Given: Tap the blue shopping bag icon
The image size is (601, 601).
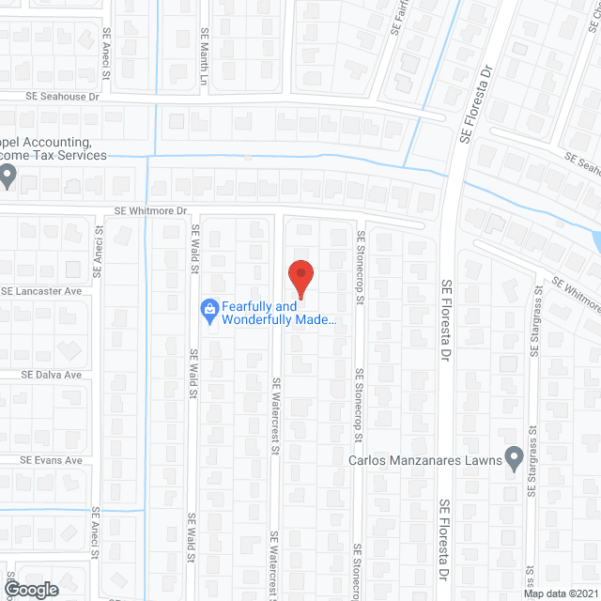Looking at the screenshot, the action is click(x=208, y=308).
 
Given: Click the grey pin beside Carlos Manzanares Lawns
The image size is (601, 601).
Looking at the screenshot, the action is click(x=513, y=458).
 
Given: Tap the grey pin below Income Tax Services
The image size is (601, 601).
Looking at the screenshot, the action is click(x=8, y=175).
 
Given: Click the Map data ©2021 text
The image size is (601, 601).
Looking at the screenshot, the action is click(x=561, y=593).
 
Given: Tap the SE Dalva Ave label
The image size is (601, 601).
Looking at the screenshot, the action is click(x=53, y=375).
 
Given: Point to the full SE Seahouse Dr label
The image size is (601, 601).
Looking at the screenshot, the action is click(x=62, y=97).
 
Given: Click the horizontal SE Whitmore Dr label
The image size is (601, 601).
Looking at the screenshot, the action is click(x=151, y=212).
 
